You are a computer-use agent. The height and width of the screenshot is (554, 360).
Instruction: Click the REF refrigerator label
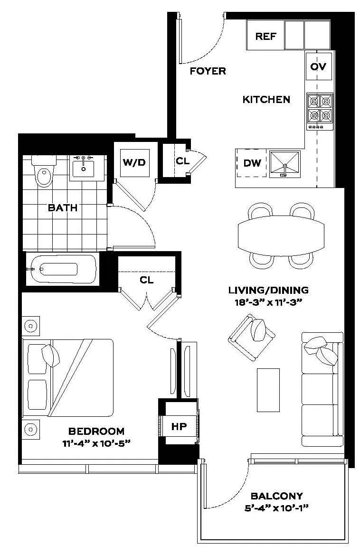[x=266, y=37]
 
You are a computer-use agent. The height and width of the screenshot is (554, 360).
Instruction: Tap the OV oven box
[x=318, y=66]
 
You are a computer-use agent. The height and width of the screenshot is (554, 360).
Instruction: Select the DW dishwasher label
[x=252, y=163]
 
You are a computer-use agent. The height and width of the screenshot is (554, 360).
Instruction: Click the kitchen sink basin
[x=285, y=164]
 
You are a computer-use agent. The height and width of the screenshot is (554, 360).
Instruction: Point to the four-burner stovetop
[x=320, y=108]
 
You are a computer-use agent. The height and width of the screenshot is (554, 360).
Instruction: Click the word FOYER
[x=208, y=71]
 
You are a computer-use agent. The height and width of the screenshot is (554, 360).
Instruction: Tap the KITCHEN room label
[x=266, y=100]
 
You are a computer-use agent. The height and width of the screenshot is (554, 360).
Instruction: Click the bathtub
[x=60, y=269]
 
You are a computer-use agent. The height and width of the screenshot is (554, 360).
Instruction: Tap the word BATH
[x=62, y=207]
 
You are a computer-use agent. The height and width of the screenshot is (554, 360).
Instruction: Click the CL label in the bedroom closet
[x=147, y=280]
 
